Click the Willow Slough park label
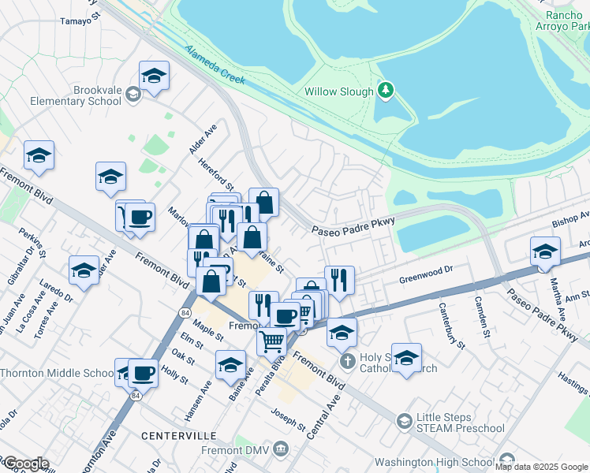click(x=339, y=91)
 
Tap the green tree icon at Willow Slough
click(x=386, y=91)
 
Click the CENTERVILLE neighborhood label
click(x=179, y=435)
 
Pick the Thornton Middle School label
click(x=57, y=373)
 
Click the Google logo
click(x=25, y=464)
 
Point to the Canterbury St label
click(x=451, y=325)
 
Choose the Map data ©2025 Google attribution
click(x=541, y=467)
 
